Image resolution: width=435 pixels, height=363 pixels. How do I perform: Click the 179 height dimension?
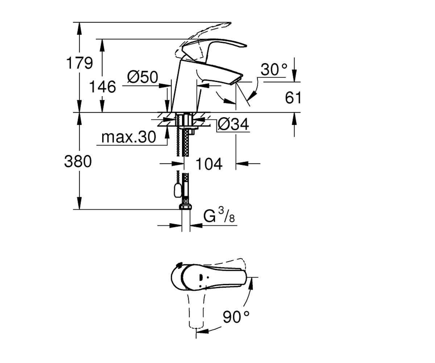coord(79,63)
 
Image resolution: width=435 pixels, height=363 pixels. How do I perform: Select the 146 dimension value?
coord(103,87)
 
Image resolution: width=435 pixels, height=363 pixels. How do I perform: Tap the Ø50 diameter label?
coord(143,77)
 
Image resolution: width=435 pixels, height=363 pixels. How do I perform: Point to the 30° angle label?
coord(274,69)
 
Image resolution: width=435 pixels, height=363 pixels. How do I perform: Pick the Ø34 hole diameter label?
coord(233,125)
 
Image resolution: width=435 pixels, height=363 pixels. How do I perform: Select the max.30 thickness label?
coord(129,137)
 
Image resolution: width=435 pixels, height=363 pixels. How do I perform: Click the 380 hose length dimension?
coord(78,161)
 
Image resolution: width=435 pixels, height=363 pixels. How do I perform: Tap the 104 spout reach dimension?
coord(209,164)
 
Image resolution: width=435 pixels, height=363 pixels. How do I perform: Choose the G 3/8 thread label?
coord(219,216)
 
